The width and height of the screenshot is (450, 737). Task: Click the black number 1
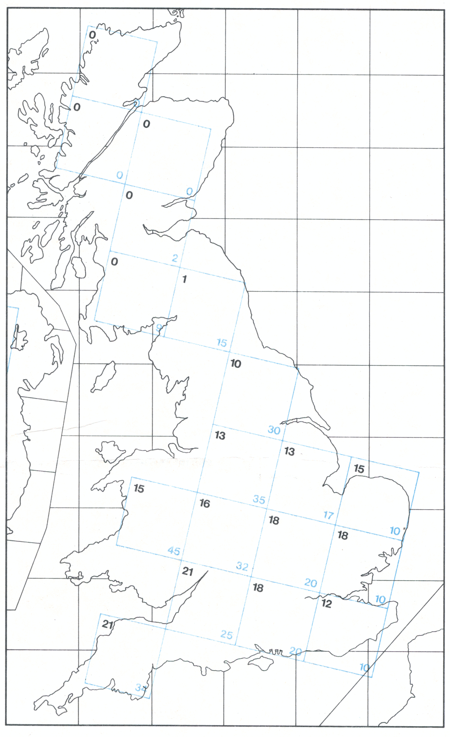click(x=184, y=279)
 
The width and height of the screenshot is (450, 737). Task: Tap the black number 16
click(x=204, y=503)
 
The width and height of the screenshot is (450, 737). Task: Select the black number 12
click(x=326, y=603)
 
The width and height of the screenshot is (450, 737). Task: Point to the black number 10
click(x=236, y=364)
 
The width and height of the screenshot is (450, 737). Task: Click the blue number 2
click(x=175, y=258)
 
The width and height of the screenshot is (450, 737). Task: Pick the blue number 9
click(x=158, y=328)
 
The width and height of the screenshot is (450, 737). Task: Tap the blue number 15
click(x=222, y=343)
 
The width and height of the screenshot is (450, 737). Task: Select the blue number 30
click(x=274, y=430)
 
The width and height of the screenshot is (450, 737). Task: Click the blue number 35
click(x=259, y=499)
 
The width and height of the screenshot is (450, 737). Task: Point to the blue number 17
click(x=328, y=515)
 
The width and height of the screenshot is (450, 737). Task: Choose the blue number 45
click(x=174, y=551)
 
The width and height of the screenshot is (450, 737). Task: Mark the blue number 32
click(x=242, y=566)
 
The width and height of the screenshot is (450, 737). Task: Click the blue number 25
click(x=227, y=635)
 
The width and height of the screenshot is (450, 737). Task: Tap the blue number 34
click(x=141, y=688)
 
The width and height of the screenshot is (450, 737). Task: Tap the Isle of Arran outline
click(x=79, y=267)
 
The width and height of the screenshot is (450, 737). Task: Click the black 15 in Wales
click(x=139, y=488)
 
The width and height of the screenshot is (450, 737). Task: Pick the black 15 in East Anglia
click(x=359, y=469)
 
